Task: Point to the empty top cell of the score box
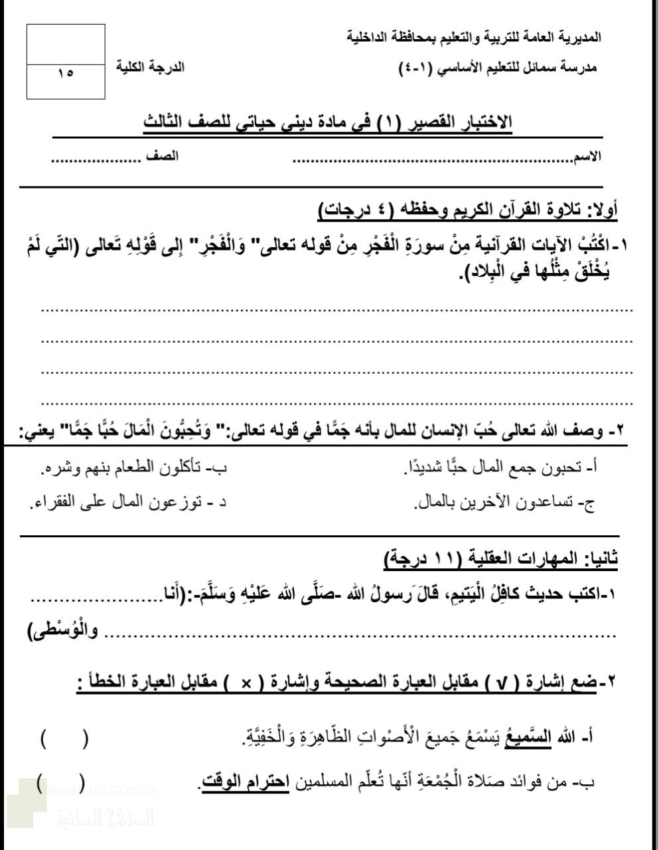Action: coord(66,44)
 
